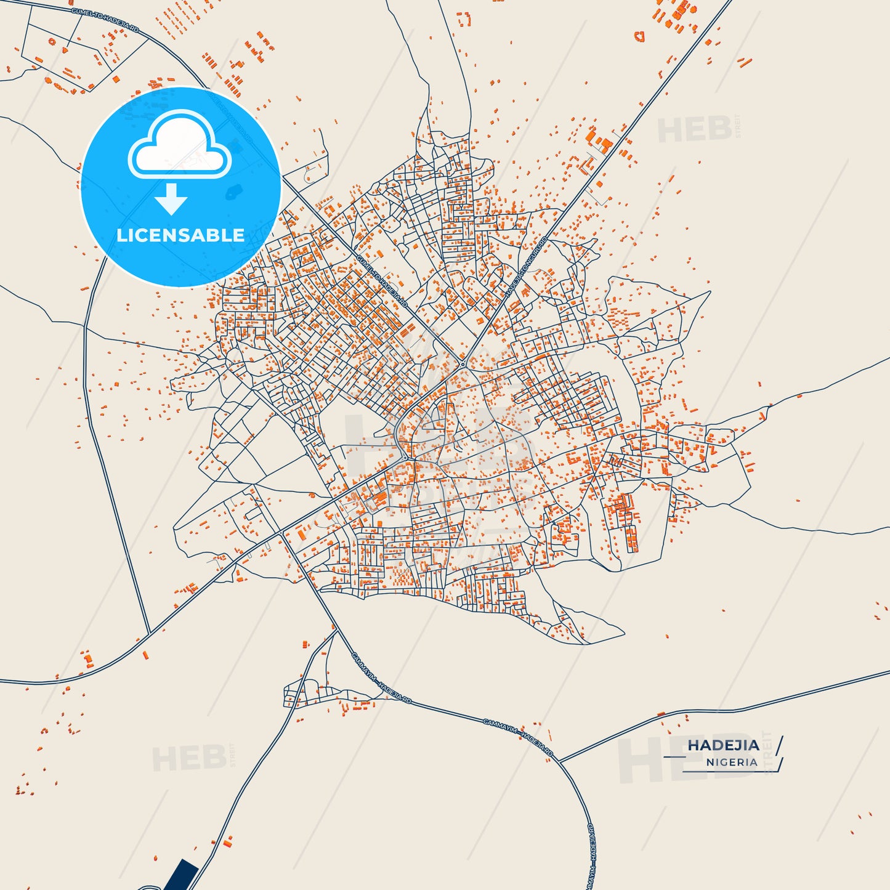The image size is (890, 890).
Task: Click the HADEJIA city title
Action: pos(723,745)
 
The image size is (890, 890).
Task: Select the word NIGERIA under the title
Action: pos(732,763)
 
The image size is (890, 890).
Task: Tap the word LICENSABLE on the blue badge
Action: pos(180,235)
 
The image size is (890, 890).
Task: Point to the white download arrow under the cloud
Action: pos(171,198)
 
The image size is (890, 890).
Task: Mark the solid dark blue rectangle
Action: pos(182,875)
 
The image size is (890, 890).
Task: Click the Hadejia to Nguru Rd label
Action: pos(526,267)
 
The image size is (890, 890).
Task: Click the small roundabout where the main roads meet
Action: pos(463,363)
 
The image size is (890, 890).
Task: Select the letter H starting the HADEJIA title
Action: pos(693,745)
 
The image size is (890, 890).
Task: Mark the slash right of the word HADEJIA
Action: pos(780,745)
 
